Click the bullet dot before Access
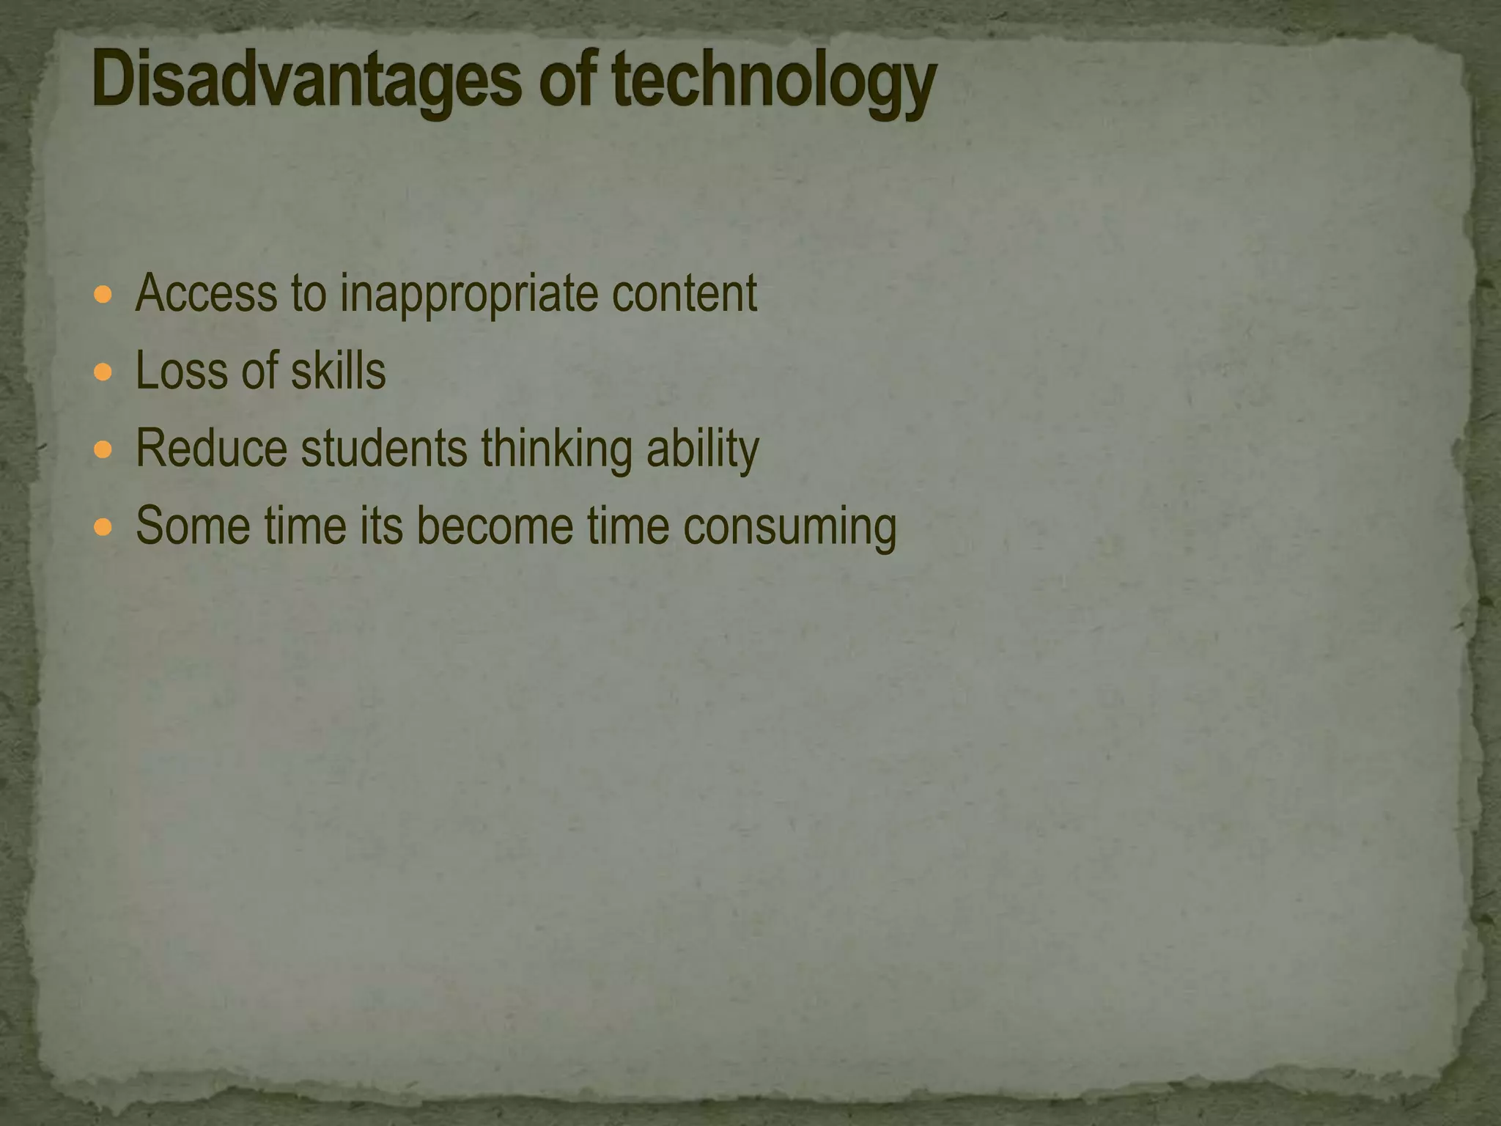tap(103, 295)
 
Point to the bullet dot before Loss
tap(103, 372)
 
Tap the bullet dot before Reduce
tap(103, 449)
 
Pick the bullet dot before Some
tap(103, 526)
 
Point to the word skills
tap(338, 371)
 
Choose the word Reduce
tap(212, 448)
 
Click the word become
tap(495, 526)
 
